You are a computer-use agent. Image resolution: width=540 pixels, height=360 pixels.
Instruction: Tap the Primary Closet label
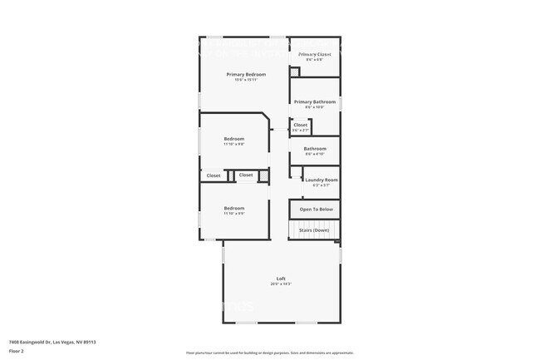tap(314, 54)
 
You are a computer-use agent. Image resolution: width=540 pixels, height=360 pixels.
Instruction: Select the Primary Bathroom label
tap(314, 101)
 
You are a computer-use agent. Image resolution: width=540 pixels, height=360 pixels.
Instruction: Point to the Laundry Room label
tap(321, 180)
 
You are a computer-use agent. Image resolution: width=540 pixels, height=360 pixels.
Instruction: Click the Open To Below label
tap(317, 210)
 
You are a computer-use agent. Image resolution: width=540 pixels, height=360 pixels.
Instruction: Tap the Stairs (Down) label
tap(315, 229)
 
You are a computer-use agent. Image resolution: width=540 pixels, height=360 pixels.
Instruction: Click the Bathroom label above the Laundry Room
tap(315, 149)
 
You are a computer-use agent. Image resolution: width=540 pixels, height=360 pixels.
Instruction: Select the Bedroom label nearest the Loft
tap(233, 208)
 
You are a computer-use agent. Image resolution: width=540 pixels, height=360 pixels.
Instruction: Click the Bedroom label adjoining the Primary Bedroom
tap(233, 138)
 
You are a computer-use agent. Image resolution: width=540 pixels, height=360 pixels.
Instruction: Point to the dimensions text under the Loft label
tap(281, 284)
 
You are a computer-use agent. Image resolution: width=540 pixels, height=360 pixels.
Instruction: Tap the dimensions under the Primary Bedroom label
tap(245, 80)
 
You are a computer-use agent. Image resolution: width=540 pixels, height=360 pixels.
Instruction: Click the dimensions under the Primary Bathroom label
tap(314, 107)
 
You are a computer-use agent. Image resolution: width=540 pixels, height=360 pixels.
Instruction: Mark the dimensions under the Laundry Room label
tap(321, 185)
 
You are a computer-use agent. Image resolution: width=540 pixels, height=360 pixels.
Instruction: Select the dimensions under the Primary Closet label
tap(314, 60)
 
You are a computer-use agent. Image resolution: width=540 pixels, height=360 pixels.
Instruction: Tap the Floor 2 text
tap(17, 351)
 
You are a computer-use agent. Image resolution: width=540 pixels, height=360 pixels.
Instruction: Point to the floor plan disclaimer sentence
tap(270, 353)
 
